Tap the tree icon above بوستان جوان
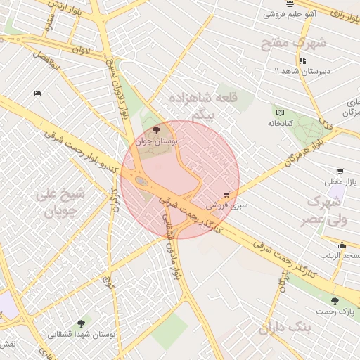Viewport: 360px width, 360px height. click(x=156, y=129)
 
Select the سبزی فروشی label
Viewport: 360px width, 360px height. click(x=224, y=205)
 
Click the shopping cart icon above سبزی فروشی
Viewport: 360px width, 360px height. click(x=226, y=195)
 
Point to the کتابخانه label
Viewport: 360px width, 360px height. click(x=279, y=123)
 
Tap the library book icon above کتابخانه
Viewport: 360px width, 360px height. click(x=280, y=112)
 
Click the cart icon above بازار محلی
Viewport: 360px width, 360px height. click(x=340, y=171)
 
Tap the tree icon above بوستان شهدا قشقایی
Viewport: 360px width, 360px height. click(x=82, y=323)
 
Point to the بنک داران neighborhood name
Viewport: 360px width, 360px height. click(x=285, y=328)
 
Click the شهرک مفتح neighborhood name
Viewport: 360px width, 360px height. click(x=294, y=43)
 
